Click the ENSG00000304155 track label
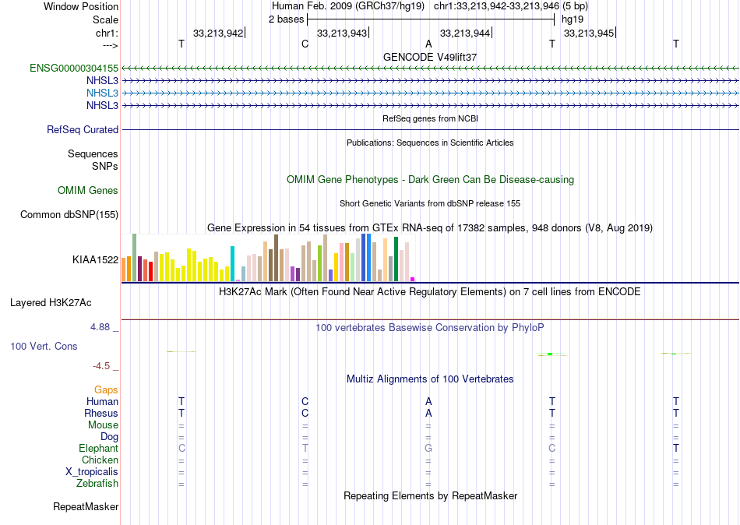pos(74,69)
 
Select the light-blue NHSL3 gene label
pos(102,93)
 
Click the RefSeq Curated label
pos(83,130)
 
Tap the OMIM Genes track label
pos(88,191)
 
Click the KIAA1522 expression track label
pos(95,260)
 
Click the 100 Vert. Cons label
pos(44,346)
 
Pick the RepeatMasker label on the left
pos(86,507)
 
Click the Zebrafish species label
pos(97,484)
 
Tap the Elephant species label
pos(98,449)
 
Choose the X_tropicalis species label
pos(92,472)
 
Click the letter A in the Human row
pos(428,401)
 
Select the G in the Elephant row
pos(428,449)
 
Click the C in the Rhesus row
pos(305,413)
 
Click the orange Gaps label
pos(106,389)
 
